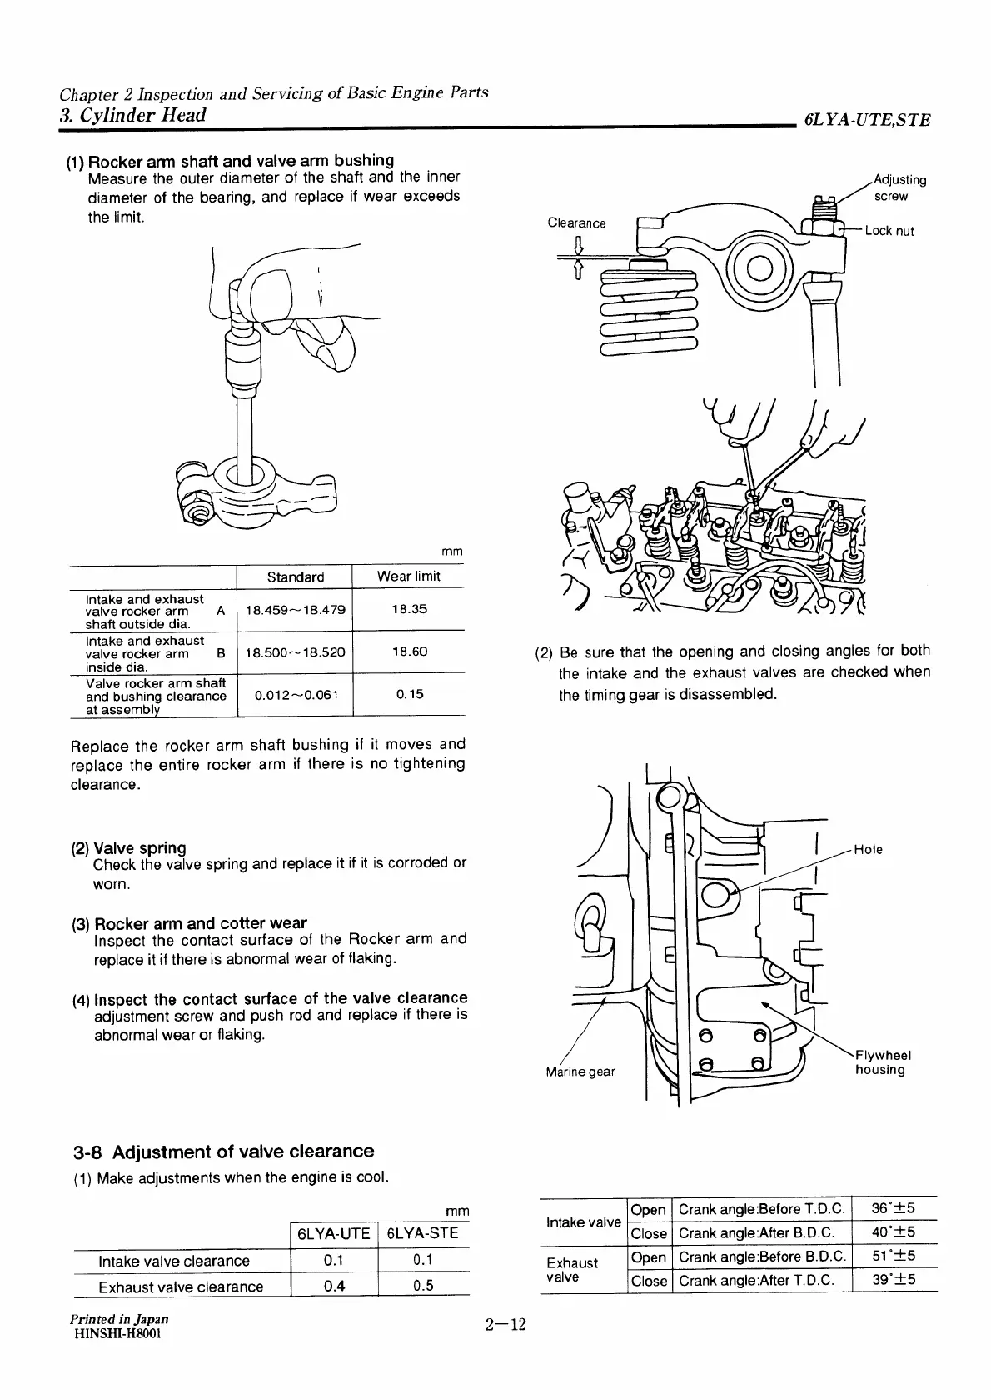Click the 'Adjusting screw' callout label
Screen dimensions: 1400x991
pyautogui.click(x=899, y=187)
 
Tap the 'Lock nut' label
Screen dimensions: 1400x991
pyautogui.click(x=889, y=231)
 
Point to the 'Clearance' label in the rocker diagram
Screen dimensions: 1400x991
pyautogui.click(x=576, y=222)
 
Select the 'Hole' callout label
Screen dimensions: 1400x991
pyautogui.click(x=868, y=849)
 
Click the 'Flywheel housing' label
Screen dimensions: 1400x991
pyautogui.click(x=883, y=1062)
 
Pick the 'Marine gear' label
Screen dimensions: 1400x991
pyautogui.click(x=580, y=1071)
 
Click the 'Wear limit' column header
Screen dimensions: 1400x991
pyautogui.click(x=408, y=577)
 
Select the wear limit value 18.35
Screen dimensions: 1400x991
pyautogui.click(x=409, y=609)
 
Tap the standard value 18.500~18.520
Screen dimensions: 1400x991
pyautogui.click(x=295, y=652)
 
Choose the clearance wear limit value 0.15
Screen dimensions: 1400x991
pyautogui.click(x=409, y=694)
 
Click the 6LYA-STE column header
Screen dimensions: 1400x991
pyautogui.click(x=423, y=1233)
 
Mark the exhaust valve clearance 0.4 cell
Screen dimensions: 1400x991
pyautogui.click(x=334, y=1285)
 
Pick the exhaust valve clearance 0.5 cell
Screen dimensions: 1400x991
pyautogui.click(x=423, y=1285)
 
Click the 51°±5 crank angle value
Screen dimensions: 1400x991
pyautogui.click(x=893, y=1256)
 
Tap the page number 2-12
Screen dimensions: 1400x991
pyautogui.click(x=506, y=1325)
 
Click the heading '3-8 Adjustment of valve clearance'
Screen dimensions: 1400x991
pyautogui.click(x=223, y=1152)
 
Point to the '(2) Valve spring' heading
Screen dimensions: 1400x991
pyautogui.click(x=128, y=847)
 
